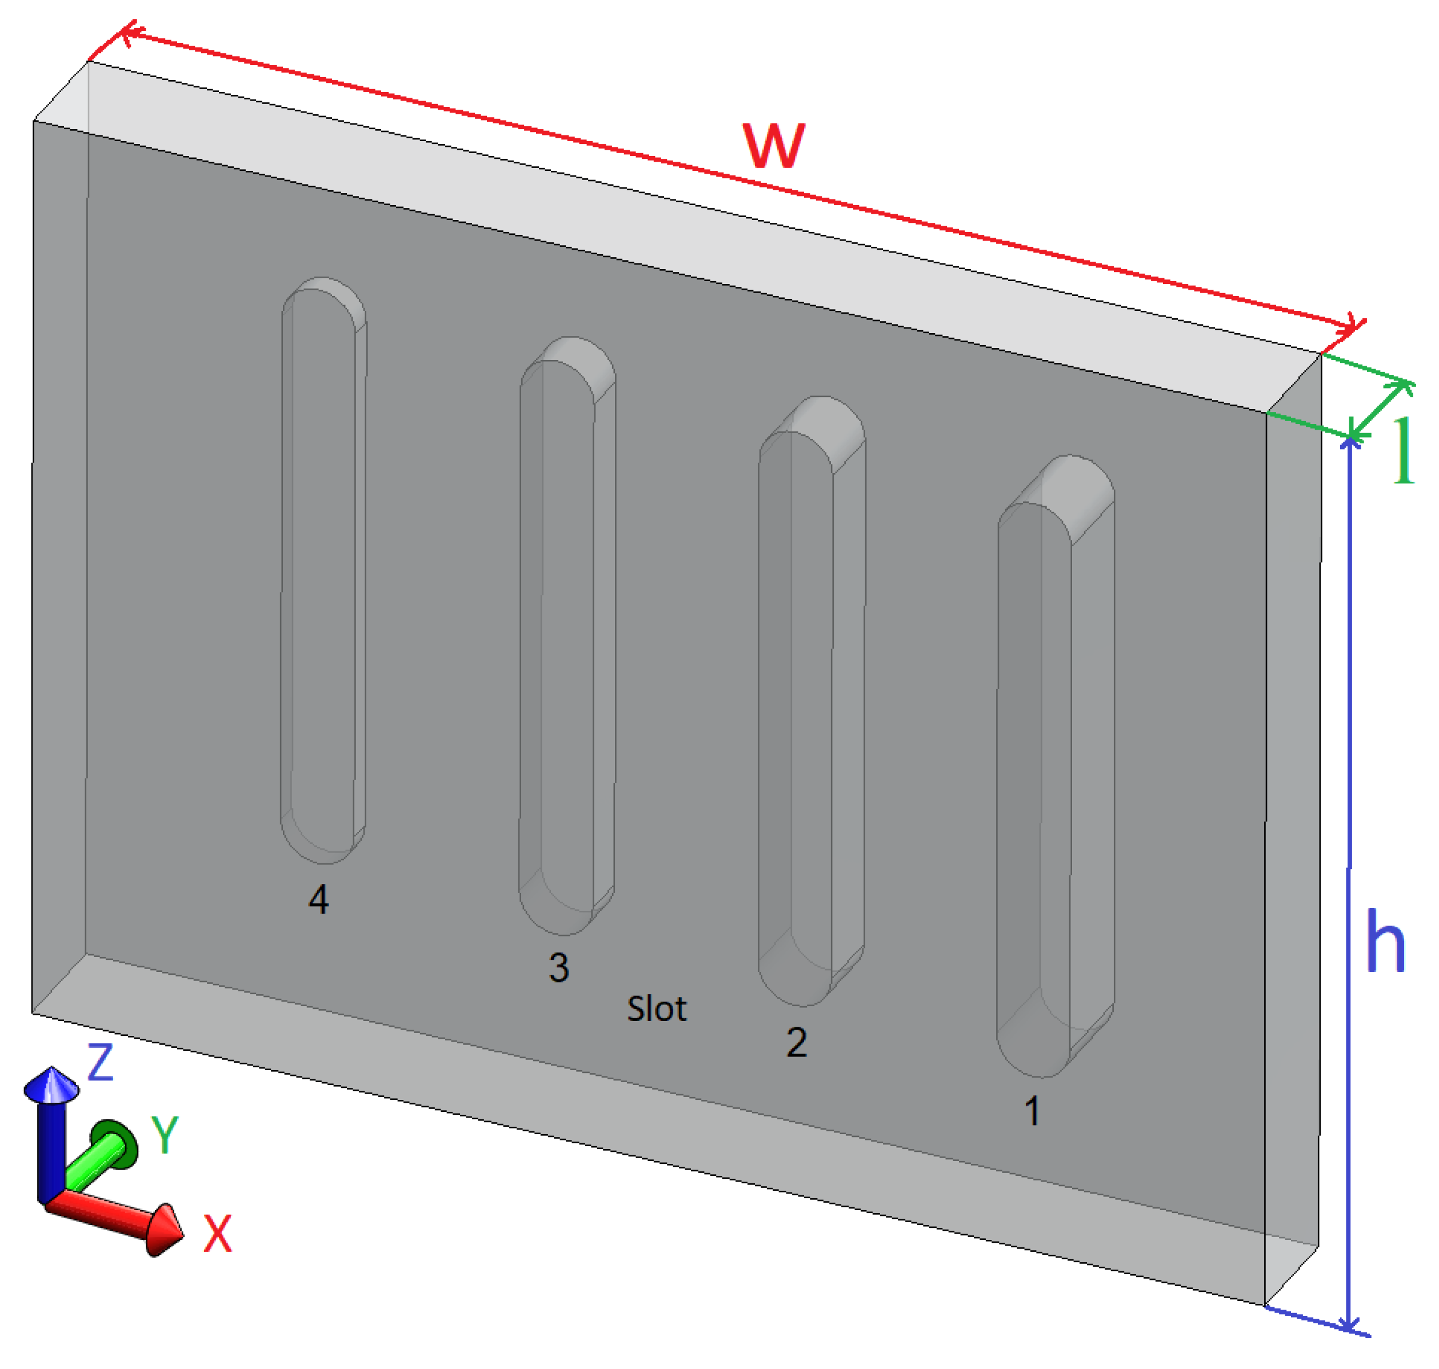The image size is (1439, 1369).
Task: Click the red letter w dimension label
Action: pos(773,146)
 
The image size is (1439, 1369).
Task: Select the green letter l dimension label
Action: pos(1402,451)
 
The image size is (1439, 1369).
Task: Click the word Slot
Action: pos(656,1009)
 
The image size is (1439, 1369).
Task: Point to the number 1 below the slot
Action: pos(1031,1111)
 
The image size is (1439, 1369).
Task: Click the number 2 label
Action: pos(796,1043)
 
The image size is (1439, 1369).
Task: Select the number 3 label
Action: pos(558,968)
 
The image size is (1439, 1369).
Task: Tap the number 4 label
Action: pos(318,900)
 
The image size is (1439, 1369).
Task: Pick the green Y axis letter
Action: pos(165,1135)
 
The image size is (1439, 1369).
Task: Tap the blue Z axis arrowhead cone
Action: pos(51,1085)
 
